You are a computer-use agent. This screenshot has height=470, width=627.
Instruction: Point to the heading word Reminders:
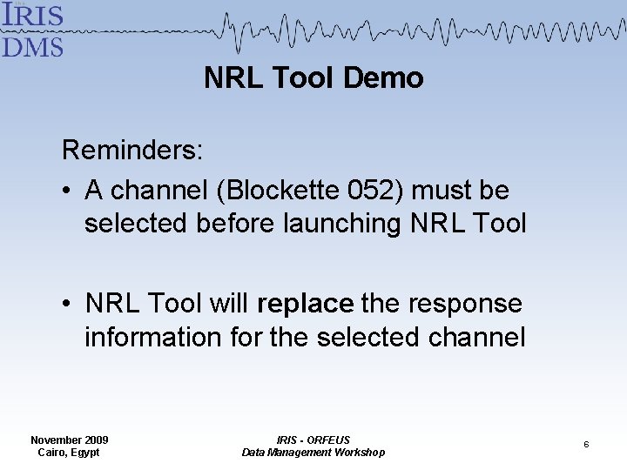pos(132,151)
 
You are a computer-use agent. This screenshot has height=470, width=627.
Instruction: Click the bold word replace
pos(306,304)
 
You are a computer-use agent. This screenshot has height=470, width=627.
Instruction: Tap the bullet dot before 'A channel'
pos(68,191)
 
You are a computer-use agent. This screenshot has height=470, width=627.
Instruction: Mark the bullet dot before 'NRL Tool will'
pos(68,305)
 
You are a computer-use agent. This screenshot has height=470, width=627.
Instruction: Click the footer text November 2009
pos(70,440)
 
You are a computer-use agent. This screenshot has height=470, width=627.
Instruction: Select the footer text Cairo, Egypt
pos(69,453)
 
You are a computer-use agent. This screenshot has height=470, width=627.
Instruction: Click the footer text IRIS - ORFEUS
pos(313,440)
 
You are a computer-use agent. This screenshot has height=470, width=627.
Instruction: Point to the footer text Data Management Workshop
pos(313,453)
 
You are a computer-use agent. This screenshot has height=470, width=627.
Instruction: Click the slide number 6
pos(586,445)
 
